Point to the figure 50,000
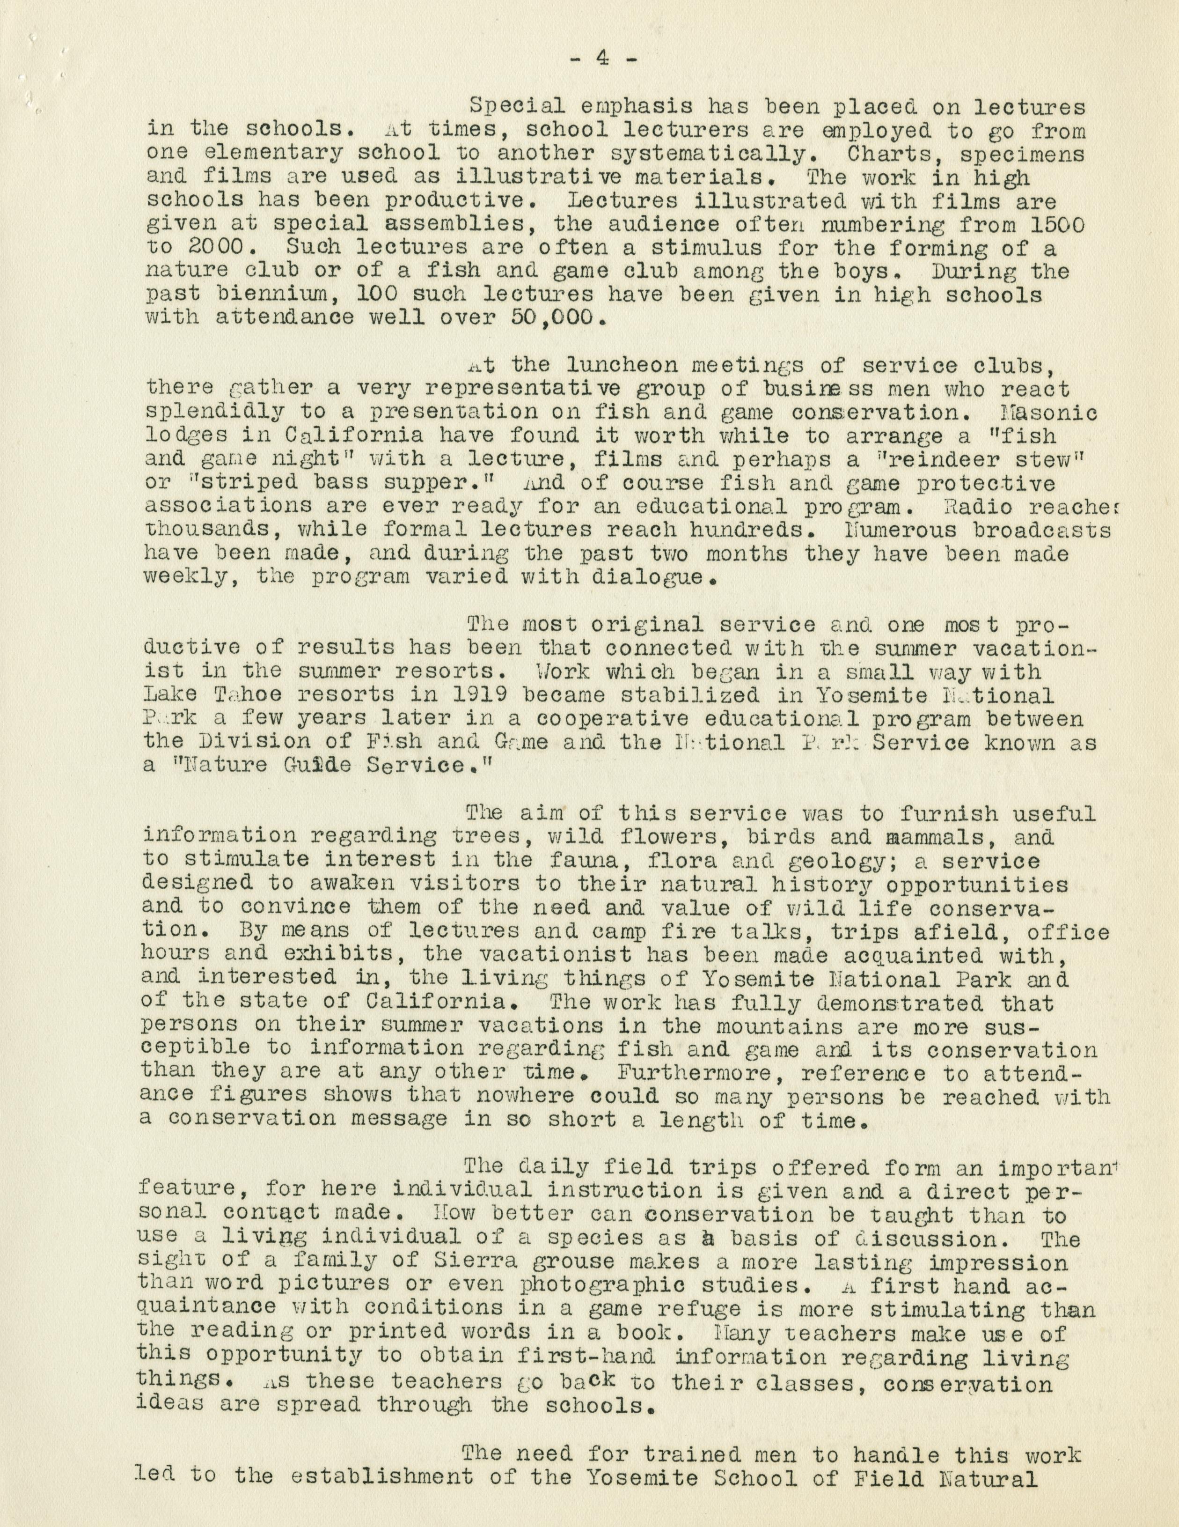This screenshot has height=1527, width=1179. [x=551, y=317]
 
